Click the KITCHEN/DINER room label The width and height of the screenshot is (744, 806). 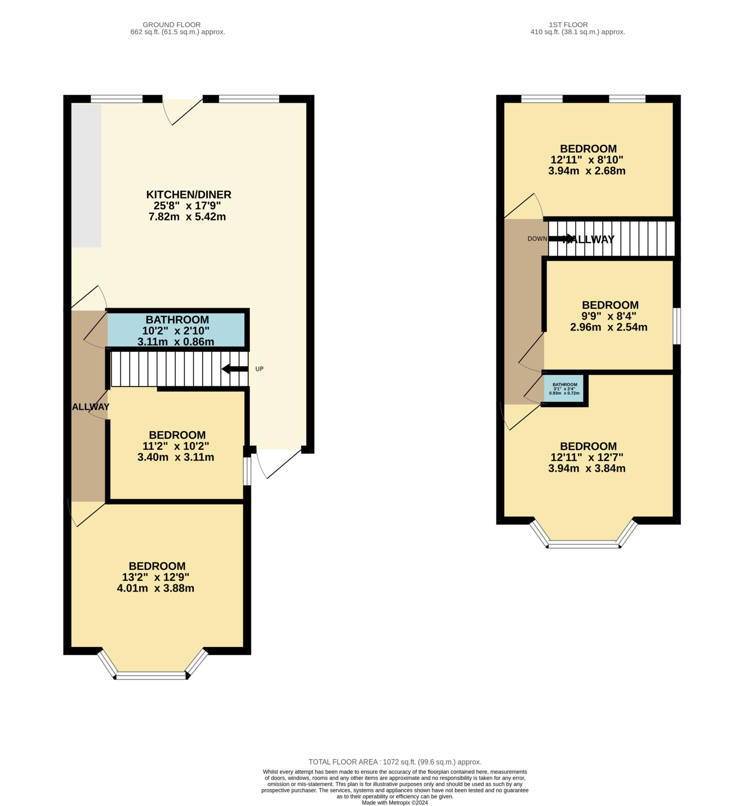[x=188, y=194]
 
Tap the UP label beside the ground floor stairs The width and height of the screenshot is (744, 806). [x=259, y=369]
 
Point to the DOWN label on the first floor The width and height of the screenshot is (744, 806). [x=537, y=239]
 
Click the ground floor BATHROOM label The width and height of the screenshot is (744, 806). [x=177, y=320]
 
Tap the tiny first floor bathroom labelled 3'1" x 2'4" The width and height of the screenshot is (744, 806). [x=564, y=389]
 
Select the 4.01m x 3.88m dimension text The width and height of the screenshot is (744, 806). [x=155, y=588]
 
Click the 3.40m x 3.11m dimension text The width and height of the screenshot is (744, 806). [x=175, y=457]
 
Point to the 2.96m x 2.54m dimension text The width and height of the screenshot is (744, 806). [x=608, y=327]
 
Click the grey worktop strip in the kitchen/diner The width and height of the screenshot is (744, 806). [x=87, y=176]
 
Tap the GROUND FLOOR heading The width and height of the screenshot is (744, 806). [x=172, y=24]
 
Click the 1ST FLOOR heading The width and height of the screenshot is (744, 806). [x=568, y=24]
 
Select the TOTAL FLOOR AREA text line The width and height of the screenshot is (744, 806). [x=395, y=762]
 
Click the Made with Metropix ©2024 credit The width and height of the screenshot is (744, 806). [x=395, y=803]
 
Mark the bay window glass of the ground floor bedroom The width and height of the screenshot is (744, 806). [x=151, y=675]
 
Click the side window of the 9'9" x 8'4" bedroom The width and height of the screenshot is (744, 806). [x=677, y=326]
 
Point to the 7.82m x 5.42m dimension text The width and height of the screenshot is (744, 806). [x=187, y=217]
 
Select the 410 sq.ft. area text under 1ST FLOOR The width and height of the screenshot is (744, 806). [x=577, y=32]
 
